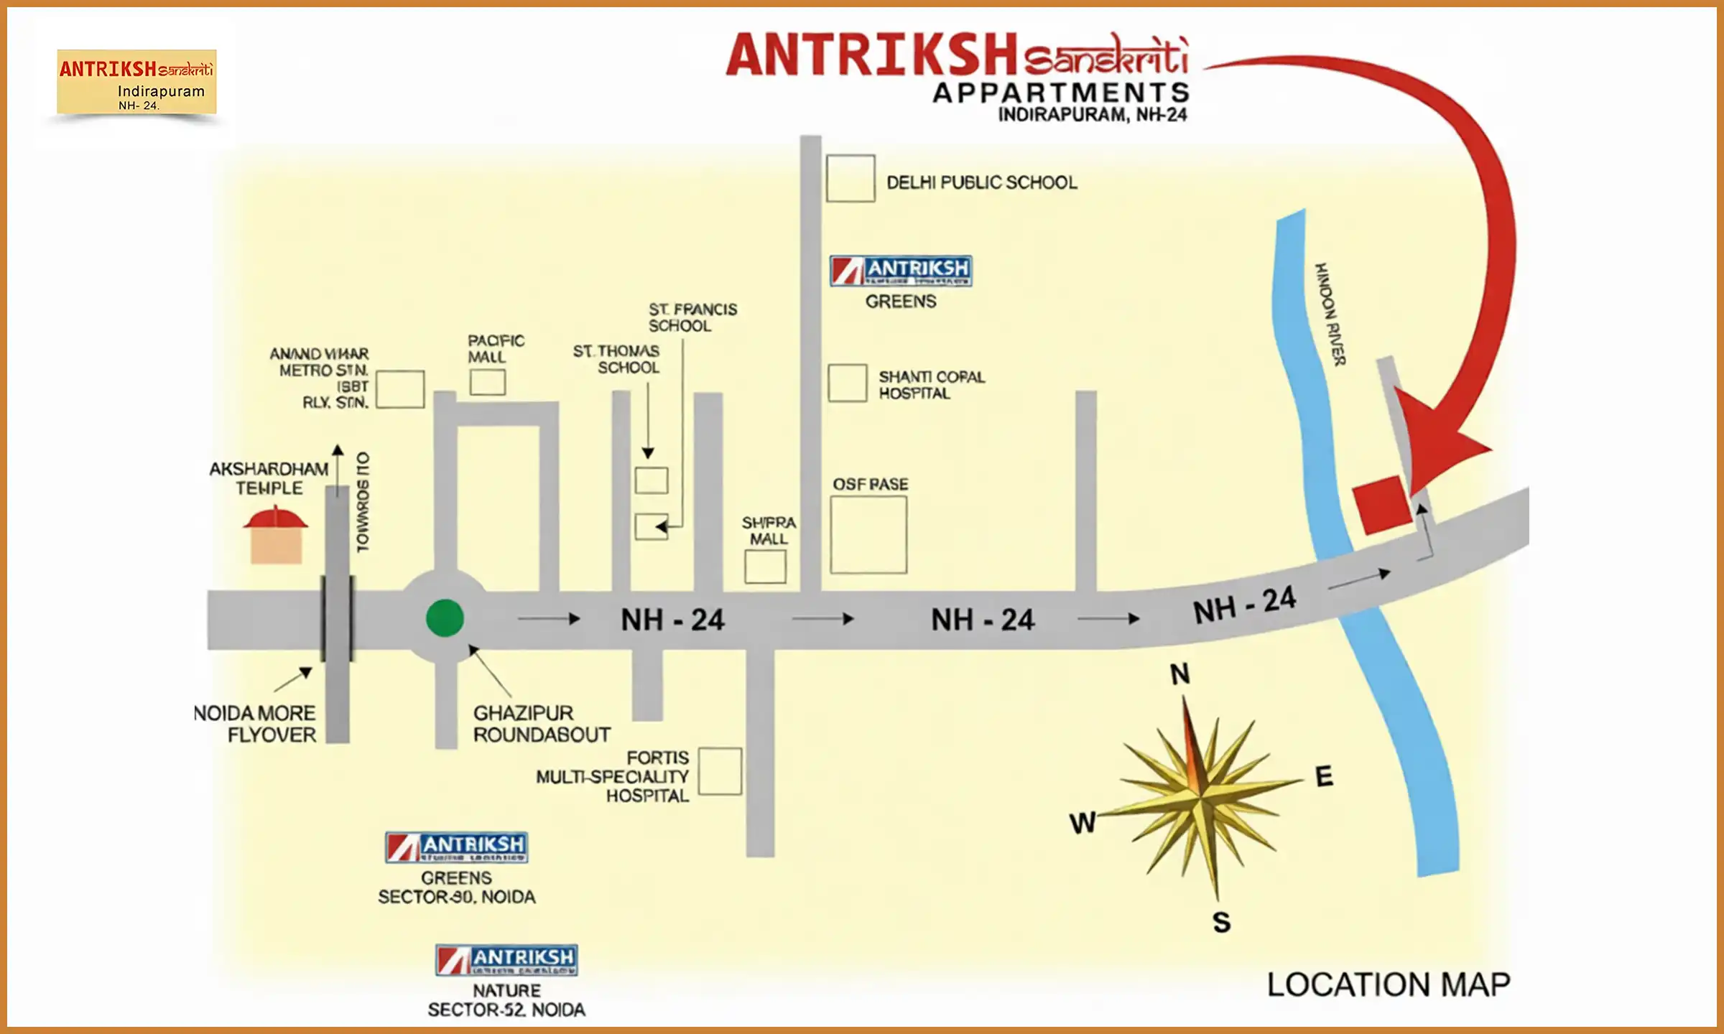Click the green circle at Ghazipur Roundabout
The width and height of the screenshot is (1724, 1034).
click(445, 618)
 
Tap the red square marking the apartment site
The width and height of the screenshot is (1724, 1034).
click(1381, 504)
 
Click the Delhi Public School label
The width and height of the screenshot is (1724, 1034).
click(981, 182)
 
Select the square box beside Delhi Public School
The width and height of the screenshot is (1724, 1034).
click(850, 178)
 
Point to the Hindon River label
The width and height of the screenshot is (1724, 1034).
click(1330, 314)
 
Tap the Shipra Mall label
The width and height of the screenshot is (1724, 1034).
click(769, 531)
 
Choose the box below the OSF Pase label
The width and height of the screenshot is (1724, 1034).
click(868, 534)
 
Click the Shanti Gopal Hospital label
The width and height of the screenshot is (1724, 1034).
click(931, 385)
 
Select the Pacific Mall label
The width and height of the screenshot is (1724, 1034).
click(496, 348)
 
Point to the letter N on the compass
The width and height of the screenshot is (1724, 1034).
click(1180, 674)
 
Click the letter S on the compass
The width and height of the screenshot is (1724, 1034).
click(1221, 922)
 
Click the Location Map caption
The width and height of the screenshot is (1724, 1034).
click(1388, 984)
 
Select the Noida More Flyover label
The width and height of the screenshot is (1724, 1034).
click(256, 724)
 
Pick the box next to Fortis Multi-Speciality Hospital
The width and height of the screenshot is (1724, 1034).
click(720, 771)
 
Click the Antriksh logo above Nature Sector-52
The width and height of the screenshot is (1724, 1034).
click(506, 959)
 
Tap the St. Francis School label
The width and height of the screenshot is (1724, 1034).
click(692, 317)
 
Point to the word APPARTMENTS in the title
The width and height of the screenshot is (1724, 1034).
click(1061, 93)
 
